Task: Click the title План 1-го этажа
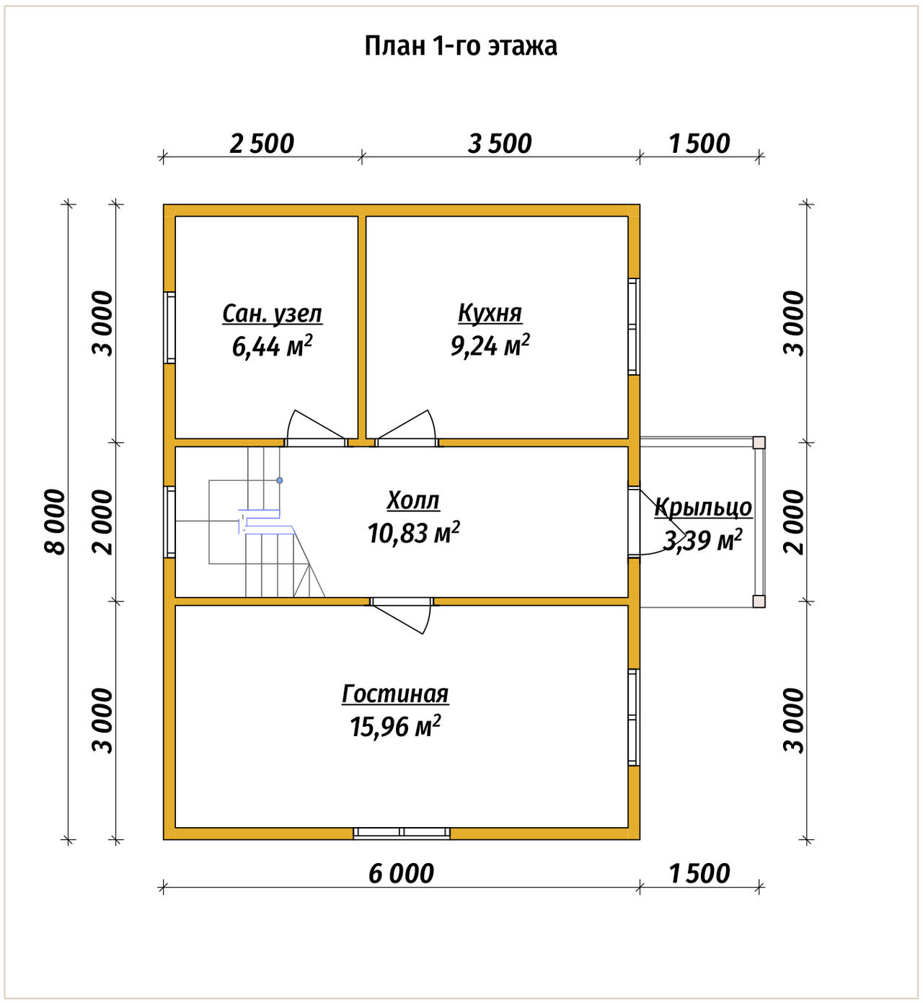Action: coord(461,46)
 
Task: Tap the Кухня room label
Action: coord(490,314)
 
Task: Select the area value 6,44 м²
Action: coord(272,346)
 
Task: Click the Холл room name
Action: coord(413,500)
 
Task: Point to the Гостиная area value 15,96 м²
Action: coord(395,727)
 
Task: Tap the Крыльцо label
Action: coord(703,507)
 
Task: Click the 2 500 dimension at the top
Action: coord(262,144)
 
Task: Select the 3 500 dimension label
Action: coord(500,144)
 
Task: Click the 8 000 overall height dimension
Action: coord(55,522)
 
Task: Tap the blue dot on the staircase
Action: coord(280,480)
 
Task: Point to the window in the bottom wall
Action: coord(402,833)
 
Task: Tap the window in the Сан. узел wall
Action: coord(169,327)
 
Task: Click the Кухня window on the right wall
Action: coord(634,327)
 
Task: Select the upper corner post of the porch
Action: coord(759,443)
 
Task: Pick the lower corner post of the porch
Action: coord(759,601)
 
